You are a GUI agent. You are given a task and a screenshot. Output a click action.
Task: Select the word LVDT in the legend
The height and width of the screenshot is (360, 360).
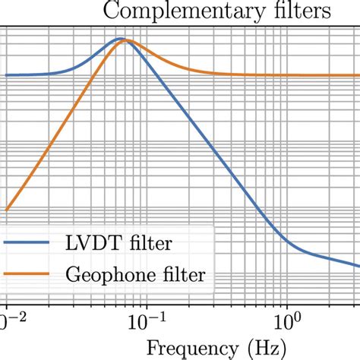click(x=97, y=244)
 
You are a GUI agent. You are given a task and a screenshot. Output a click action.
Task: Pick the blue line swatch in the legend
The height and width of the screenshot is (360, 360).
click(x=32, y=244)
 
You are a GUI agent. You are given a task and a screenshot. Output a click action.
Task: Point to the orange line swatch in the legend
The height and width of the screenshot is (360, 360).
click(x=32, y=273)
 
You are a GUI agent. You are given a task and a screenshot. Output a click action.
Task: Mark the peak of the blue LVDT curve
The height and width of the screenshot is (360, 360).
click(x=119, y=38)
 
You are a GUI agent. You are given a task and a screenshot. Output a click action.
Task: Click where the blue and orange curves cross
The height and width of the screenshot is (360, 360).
click(x=125, y=41)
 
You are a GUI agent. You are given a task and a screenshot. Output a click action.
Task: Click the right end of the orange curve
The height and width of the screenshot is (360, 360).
click(x=358, y=75)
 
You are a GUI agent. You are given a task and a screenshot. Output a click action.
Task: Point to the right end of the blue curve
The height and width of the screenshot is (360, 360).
click(x=358, y=265)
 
